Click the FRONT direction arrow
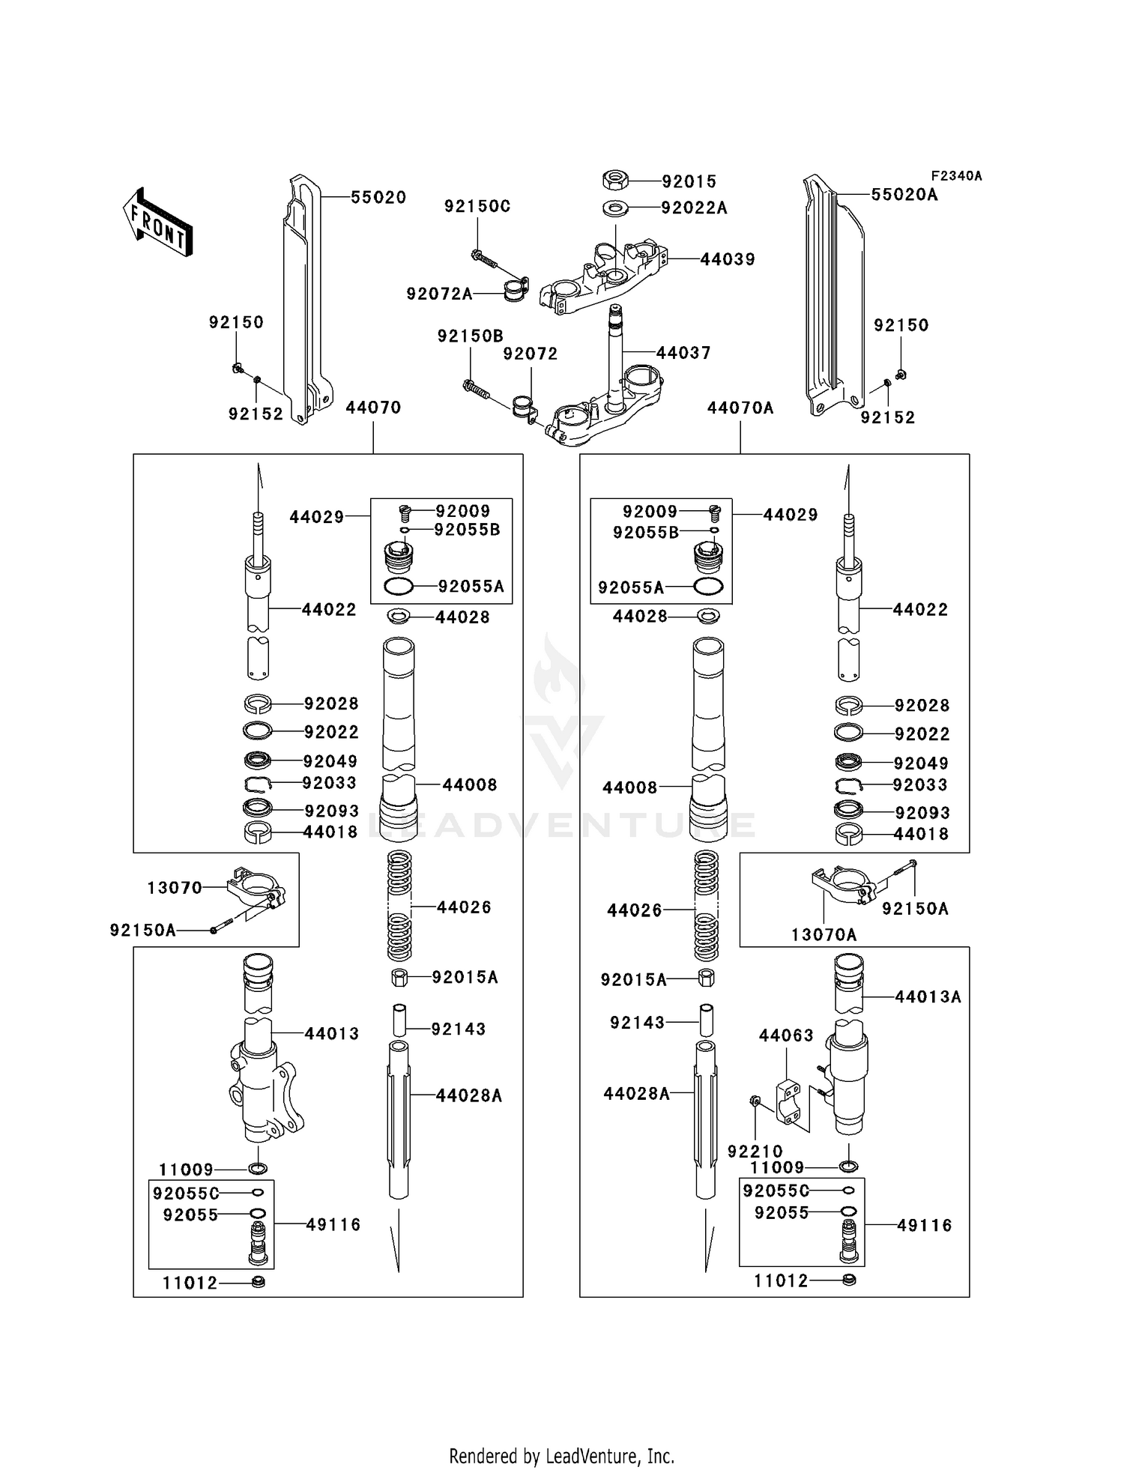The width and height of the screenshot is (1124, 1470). pyautogui.click(x=158, y=223)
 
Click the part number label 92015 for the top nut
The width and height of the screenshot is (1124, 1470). pyautogui.click(x=689, y=181)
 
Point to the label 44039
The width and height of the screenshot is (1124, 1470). pyautogui.click(x=727, y=259)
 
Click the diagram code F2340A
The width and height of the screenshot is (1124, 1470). pyautogui.click(x=956, y=176)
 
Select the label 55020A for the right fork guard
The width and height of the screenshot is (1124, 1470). pyautogui.click(x=904, y=195)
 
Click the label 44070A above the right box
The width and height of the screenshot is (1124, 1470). pyautogui.click(x=740, y=408)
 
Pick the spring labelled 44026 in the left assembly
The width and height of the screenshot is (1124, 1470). pyautogui.click(x=399, y=907)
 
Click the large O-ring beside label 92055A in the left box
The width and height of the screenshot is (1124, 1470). pyautogui.click(x=399, y=587)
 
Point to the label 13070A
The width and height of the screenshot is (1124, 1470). pyautogui.click(x=824, y=934)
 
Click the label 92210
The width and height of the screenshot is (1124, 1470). pyautogui.click(x=755, y=1152)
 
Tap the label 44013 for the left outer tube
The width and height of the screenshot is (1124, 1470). pyautogui.click(x=331, y=1034)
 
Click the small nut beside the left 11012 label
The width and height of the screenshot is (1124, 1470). pyautogui.click(x=259, y=1283)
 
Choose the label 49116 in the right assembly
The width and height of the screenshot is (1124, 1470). pyautogui.click(x=924, y=1226)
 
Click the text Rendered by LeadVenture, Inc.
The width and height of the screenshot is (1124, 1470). pyautogui.click(x=561, y=1457)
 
